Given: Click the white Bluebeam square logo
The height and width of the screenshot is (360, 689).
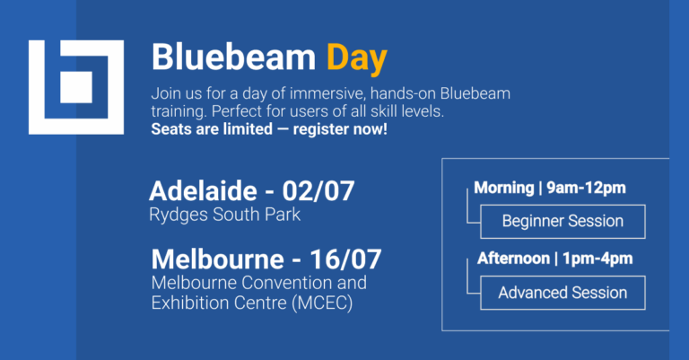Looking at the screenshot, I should point(76,87).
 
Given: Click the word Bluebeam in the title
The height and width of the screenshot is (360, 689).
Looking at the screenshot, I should point(233,58).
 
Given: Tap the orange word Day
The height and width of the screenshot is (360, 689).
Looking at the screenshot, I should point(356,58).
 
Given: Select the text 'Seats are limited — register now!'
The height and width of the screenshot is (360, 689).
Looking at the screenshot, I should point(269,130).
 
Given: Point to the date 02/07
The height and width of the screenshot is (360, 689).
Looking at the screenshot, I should point(318,191).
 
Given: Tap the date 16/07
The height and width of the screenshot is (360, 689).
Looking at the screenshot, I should point(345,259).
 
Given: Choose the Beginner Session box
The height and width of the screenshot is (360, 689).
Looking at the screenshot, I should point(563,221).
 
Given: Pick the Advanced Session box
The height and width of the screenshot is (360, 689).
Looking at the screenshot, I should point(563,293).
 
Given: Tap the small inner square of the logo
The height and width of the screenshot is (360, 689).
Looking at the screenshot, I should point(76,87).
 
